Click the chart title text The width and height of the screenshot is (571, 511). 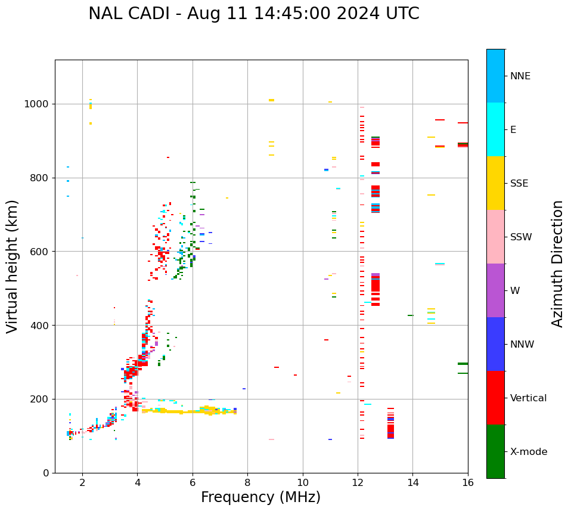point(253,14)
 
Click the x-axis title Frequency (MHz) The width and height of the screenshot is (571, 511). point(260,497)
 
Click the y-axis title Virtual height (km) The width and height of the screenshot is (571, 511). point(13,266)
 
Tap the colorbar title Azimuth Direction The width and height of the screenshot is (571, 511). point(557,264)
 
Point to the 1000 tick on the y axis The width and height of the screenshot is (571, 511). point(38,104)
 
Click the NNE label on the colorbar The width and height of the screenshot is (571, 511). point(520,76)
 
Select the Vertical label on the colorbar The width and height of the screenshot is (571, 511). point(528,398)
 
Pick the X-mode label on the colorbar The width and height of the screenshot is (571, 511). point(528,452)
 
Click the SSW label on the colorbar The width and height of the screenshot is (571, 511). point(521,237)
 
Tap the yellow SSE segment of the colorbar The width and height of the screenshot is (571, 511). point(495,183)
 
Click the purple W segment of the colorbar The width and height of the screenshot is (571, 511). point(495,290)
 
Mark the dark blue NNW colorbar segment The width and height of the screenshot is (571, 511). point(495,344)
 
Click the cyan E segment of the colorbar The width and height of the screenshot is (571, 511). point(495,129)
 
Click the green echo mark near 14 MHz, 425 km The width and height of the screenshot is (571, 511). point(411,315)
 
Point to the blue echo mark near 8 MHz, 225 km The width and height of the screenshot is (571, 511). point(244,389)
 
